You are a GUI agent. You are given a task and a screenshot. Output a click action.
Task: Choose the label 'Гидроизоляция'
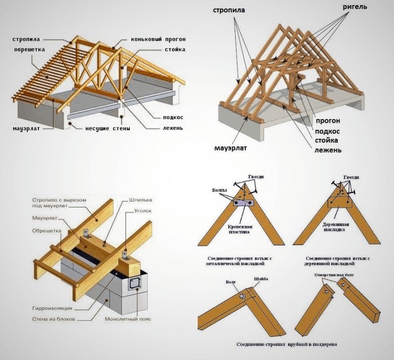pos(52,308)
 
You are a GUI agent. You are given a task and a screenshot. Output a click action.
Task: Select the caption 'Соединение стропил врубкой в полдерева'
pos(288,345)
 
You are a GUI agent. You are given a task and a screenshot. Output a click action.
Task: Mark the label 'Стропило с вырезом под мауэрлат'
pos(59,203)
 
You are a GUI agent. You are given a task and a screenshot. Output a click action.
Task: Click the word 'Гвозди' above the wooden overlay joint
pos(351,177)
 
